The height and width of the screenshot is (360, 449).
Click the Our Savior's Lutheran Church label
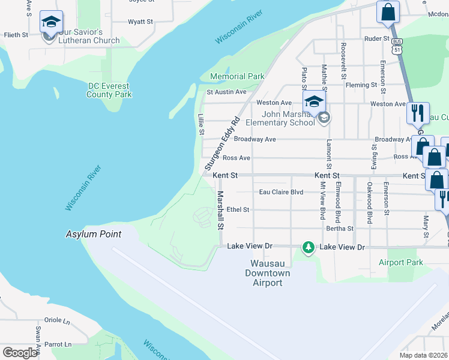89,36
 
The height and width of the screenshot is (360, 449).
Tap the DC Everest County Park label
109,90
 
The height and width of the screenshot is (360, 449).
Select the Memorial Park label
237,76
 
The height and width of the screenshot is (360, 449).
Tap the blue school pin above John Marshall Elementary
315,101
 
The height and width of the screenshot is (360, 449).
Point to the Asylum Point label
93,234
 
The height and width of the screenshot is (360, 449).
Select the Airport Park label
401,262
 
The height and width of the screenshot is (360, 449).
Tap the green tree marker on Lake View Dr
308,247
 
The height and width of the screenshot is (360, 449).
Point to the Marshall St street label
220,211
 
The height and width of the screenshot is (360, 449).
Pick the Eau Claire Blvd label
281,192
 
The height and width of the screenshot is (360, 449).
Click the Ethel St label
238,209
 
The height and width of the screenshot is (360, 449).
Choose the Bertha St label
339,228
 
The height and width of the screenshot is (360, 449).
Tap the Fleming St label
361,85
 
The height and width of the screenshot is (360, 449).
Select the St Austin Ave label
226,92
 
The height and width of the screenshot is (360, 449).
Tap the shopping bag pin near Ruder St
388,12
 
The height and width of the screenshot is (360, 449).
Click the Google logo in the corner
20,352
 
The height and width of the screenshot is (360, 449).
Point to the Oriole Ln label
58,320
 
